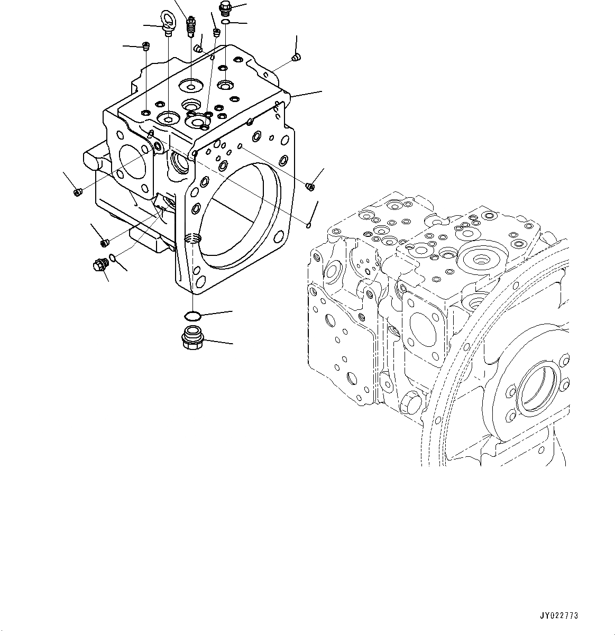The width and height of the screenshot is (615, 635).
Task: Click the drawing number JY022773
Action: [558, 616]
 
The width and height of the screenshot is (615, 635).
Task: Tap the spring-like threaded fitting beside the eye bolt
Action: [191, 27]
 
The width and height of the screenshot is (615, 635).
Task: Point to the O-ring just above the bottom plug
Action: [192, 316]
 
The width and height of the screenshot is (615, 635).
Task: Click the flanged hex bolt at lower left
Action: [99, 265]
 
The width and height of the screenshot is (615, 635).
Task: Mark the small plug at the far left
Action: [78, 192]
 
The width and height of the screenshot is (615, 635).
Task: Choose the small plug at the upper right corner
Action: [297, 57]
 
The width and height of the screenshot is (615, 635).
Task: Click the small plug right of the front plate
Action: [310, 185]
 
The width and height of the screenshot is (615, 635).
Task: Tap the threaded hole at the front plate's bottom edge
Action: [192, 240]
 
